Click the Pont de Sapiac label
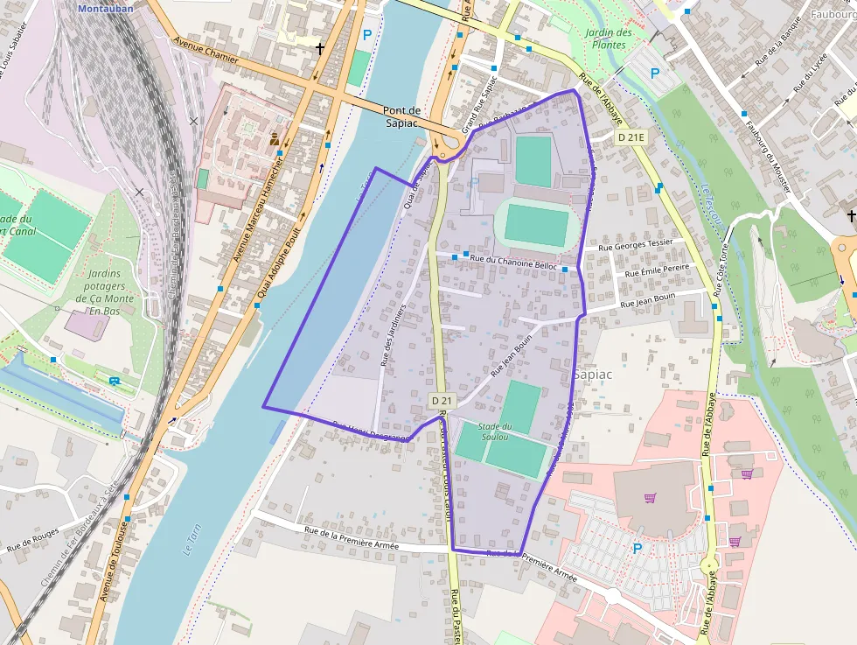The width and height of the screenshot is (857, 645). pos(403,116)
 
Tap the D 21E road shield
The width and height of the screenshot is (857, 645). pos(631,137)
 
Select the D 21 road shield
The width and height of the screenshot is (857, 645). pos(442,401)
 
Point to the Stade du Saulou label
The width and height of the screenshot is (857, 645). pos(495,431)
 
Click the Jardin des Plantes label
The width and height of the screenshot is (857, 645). pos(609,39)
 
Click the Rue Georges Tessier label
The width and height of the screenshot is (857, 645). pos(636,244)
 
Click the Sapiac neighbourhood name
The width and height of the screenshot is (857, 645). pos(593,375)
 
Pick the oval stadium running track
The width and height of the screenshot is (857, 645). pos(536,224)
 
